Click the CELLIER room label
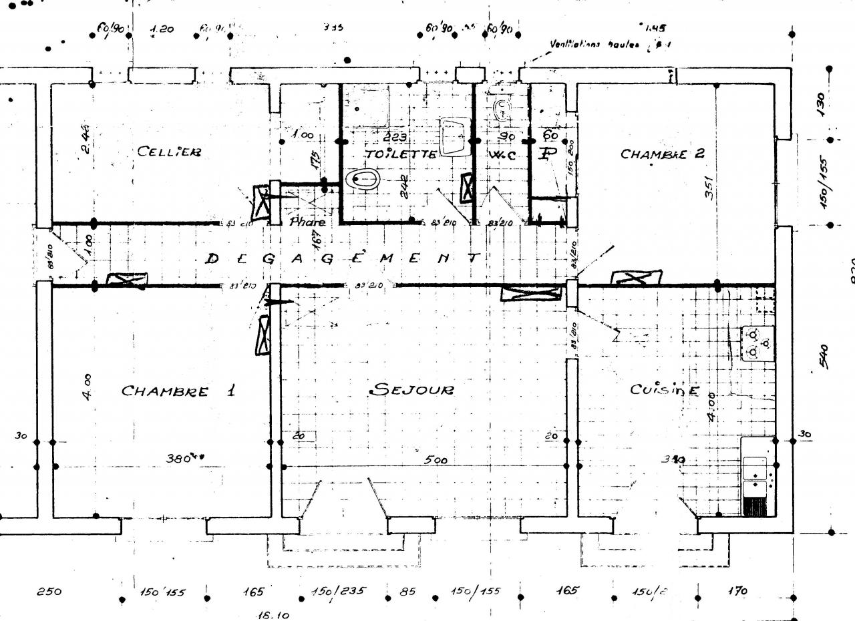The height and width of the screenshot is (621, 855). (169, 152)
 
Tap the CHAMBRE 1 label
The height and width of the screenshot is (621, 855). (178, 391)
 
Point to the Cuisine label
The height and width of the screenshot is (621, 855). (665, 389)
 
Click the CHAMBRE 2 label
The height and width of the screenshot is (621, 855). (662, 154)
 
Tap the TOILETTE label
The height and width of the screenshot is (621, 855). (401, 154)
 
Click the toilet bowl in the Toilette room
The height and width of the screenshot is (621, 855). (363, 179)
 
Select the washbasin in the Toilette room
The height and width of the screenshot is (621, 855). (456, 136)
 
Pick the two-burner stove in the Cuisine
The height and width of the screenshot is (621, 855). (757, 343)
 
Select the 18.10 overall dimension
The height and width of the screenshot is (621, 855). (273, 615)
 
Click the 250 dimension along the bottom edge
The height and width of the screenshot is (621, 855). (49, 592)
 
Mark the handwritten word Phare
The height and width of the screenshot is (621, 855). (307, 222)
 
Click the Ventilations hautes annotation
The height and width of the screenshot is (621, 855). (594, 45)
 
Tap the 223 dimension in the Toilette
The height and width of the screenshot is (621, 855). (396, 137)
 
